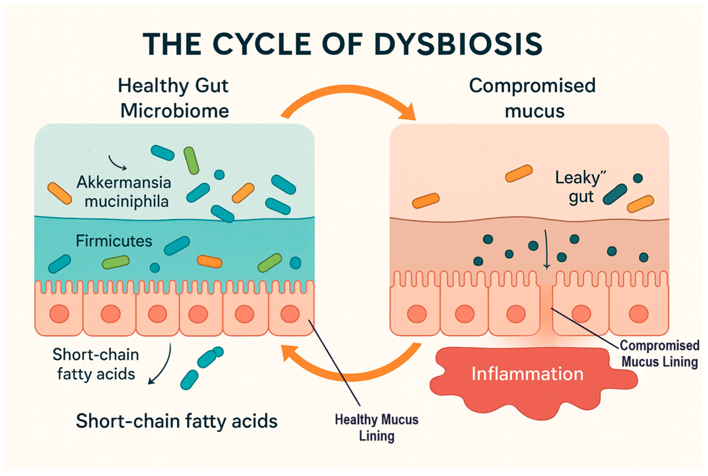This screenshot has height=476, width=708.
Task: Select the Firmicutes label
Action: click(114, 241)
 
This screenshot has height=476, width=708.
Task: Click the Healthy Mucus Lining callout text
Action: click(377, 428)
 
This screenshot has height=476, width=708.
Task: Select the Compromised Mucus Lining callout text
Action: click(659, 354)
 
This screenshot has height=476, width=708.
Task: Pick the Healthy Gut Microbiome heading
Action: click(174, 98)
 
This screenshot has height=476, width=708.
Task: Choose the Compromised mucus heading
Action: click(532, 98)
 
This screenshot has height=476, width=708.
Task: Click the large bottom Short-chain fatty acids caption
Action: click(176, 421)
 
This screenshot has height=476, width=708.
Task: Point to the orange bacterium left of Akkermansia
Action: click(59, 193)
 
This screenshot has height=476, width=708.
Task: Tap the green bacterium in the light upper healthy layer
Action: click(191, 160)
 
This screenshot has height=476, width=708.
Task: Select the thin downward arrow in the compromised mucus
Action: click(546, 249)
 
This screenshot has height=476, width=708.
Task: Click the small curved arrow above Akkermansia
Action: click(117, 163)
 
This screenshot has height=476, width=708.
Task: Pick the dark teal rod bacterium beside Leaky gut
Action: click(615, 194)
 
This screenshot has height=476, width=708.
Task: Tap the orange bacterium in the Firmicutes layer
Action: click(210, 261)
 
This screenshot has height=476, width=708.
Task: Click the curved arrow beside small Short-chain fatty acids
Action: click(162, 364)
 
